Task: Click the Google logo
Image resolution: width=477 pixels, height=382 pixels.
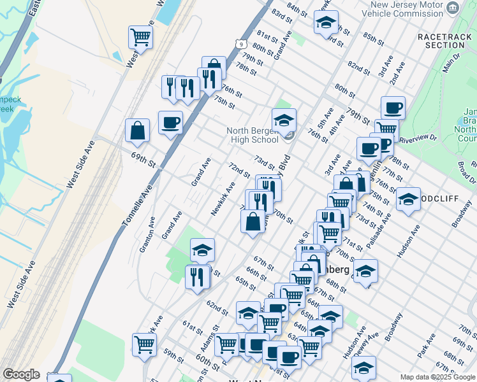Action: tap(21, 374)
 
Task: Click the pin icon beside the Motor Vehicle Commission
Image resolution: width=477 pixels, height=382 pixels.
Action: tap(453, 8)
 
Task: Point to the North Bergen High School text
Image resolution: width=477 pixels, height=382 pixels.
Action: tap(253, 136)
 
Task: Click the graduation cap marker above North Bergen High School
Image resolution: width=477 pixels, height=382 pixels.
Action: tap(284, 118)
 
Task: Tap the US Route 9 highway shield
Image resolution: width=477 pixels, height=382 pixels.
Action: tap(240, 43)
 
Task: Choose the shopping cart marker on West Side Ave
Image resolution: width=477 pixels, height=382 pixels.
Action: tap(140, 37)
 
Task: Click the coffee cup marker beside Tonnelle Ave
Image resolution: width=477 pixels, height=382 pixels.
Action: tap(170, 122)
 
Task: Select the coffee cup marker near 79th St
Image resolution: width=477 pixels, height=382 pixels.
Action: tap(393, 107)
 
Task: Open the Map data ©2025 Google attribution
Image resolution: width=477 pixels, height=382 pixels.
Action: tap(437, 377)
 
